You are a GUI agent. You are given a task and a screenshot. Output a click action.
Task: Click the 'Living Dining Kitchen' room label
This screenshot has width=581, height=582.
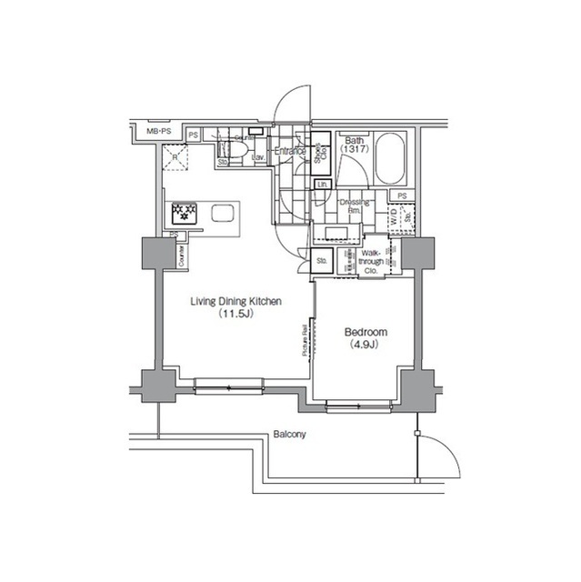[x=235, y=301]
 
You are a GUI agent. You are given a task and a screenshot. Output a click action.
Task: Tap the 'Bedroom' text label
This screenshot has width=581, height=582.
[x=365, y=333]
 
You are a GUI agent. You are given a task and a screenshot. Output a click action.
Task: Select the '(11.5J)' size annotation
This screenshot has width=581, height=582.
[x=235, y=315]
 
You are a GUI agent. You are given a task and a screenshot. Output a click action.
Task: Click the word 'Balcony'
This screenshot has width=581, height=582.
[x=290, y=435]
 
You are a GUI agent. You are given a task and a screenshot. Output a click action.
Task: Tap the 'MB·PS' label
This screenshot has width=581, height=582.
[x=159, y=133]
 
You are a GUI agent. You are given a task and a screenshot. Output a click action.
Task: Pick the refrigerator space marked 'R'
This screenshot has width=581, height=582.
[x=175, y=160]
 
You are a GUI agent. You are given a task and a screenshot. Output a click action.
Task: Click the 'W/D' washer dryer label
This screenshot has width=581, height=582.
[x=394, y=218]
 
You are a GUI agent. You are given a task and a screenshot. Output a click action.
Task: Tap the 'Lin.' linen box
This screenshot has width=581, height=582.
[x=322, y=186]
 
